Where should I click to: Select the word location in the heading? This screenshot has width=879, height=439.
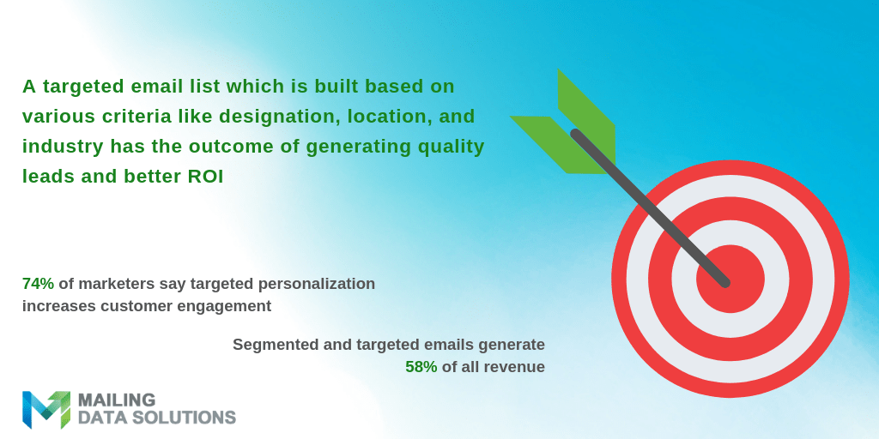pyautogui.click(x=373, y=116)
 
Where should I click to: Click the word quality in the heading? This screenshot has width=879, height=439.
pyautogui.click(x=447, y=146)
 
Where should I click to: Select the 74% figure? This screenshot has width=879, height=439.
pyautogui.click(x=38, y=283)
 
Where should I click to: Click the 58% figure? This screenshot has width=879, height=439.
pyautogui.click(x=421, y=367)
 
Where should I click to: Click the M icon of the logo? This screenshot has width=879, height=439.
pyautogui.click(x=45, y=409)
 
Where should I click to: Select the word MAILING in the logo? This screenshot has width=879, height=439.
pyautogui.click(x=116, y=400)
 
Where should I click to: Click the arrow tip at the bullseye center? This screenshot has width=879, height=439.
pyautogui.click(x=725, y=281)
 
